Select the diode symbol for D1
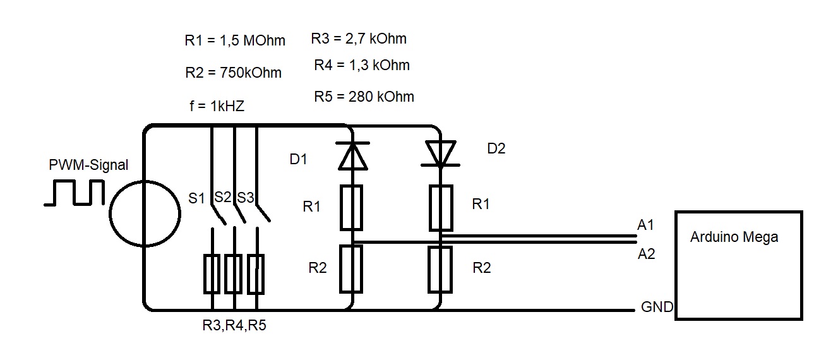352,156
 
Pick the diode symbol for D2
441,153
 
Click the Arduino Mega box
738,265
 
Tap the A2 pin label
646,254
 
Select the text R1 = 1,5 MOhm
235,40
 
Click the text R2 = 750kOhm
233,73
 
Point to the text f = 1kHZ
216,106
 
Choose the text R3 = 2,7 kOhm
359,39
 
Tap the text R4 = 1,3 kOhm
362,65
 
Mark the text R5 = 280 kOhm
364,97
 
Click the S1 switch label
197,198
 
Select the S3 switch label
245,197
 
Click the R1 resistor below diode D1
352,207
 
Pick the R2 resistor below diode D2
440,270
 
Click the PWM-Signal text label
88,165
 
